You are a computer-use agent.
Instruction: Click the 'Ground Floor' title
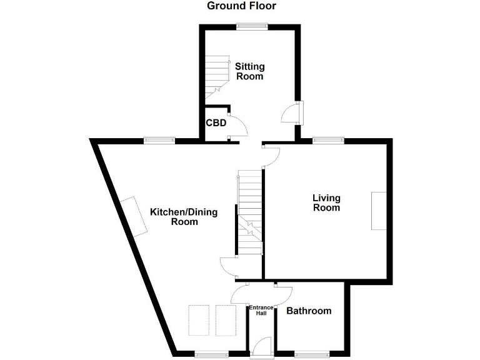(241, 6)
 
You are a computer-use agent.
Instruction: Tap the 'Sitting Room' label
(249, 71)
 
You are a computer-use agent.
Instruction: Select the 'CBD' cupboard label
(216, 122)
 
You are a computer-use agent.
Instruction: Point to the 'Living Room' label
(326, 202)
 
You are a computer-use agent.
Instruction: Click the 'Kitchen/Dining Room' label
(184, 217)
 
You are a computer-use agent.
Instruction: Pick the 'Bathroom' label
(309, 311)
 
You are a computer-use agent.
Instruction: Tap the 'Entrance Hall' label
(261, 311)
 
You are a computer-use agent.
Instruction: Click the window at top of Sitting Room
(252, 26)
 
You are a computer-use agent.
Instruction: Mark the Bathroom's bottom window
(312, 354)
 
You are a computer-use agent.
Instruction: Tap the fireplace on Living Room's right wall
(379, 211)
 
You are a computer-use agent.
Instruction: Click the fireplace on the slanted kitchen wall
(135, 216)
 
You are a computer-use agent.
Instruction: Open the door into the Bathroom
(283, 291)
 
